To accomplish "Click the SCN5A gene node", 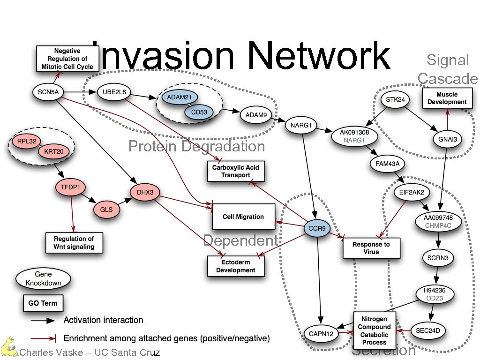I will (48, 92).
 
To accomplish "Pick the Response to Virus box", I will (371, 248).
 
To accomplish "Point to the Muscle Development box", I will (447, 98).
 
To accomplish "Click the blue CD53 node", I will (199, 112).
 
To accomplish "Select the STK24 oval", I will (391, 100).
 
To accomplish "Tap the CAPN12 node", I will (322, 334).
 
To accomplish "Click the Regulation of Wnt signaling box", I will (74, 243).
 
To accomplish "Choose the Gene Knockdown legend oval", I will (43, 278).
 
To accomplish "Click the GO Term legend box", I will (43, 303).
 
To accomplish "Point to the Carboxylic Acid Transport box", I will (236, 172).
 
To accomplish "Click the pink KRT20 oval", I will (54, 151).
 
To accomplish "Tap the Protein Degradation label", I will (196, 147).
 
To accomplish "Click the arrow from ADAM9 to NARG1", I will (279, 120).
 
